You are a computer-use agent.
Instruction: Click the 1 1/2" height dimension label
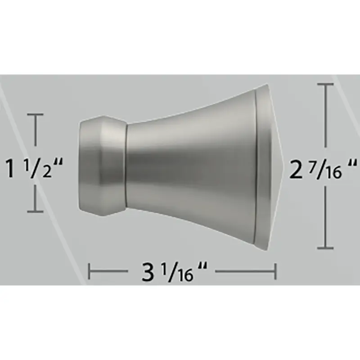34,169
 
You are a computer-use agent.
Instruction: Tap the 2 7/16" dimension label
323,169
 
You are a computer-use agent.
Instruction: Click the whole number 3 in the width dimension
148,272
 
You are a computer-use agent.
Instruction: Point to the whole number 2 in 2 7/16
296,170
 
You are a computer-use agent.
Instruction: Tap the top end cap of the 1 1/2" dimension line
35,114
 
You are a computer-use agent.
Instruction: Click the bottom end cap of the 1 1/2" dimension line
35,211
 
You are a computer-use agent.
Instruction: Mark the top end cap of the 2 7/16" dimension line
325,85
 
